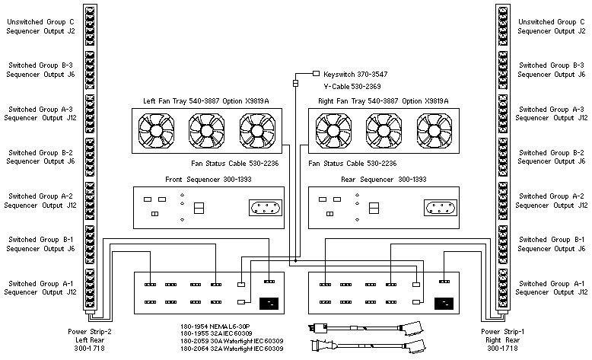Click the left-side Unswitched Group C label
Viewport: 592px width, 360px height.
[40, 27]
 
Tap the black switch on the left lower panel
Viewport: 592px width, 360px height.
[269, 304]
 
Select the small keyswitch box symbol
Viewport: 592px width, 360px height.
[316, 74]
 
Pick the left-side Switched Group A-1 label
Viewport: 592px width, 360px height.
[40, 287]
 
